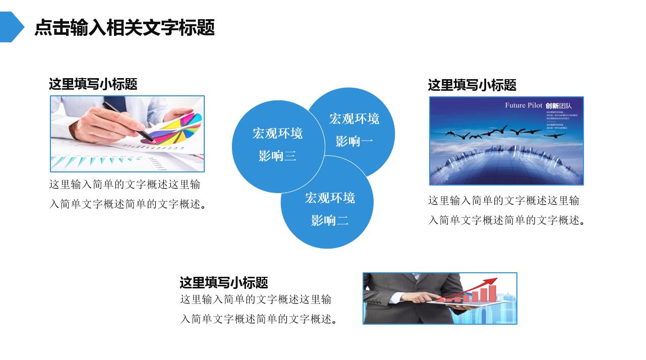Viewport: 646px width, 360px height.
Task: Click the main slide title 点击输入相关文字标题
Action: point(125,27)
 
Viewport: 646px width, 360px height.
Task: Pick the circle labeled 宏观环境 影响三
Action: point(277,145)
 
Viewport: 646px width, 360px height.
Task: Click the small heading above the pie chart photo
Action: point(93,84)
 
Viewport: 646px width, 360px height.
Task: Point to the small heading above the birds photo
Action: point(472,85)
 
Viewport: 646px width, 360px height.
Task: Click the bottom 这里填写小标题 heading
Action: point(223,282)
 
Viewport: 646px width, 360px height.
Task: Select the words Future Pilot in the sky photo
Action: point(523,105)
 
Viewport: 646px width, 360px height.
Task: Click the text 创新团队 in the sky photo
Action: point(559,106)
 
